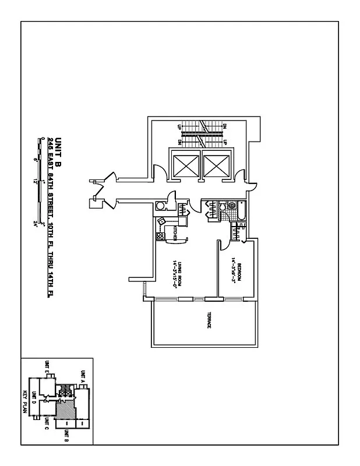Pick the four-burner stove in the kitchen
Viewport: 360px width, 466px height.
[x=159, y=236]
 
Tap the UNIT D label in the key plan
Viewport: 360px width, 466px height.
[x=34, y=397]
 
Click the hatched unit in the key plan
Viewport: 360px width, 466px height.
[x=61, y=411]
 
